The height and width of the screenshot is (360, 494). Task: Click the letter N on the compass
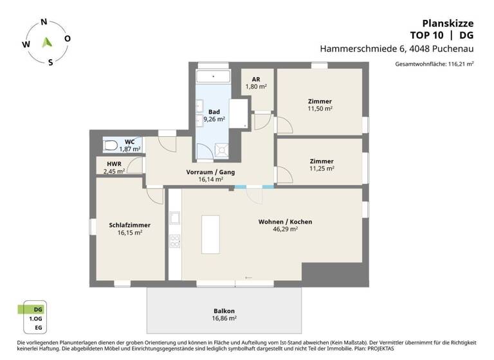click(44, 22)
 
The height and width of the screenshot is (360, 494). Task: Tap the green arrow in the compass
click(46, 42)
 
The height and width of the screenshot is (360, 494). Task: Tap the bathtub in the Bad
click(213, 77)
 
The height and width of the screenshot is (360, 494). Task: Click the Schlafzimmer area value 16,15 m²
click(129, 233)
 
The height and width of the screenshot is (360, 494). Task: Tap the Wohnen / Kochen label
click(285, 222)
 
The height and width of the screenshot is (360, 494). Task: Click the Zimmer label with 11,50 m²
click(320, 105)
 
